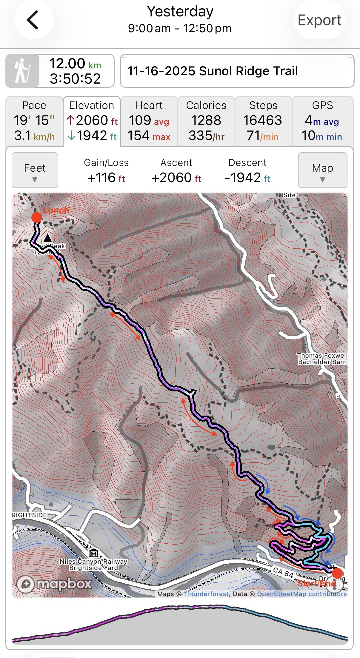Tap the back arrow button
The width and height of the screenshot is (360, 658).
[33, 20]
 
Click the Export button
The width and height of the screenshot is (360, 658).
[319, 20]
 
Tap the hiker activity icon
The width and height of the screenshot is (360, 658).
[22, 71]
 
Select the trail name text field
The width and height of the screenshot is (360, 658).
[237, 71]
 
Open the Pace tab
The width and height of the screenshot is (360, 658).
[34, 121]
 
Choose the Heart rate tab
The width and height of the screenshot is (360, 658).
[149, 121]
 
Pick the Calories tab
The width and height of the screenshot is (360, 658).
[206, 121]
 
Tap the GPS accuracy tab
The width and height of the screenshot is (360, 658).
[322, 121]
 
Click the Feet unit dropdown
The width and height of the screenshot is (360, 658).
[35, 170]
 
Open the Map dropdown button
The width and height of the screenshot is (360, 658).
[322, 170]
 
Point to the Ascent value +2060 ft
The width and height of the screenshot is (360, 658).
[176, 178]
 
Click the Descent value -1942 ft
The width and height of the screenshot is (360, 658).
[247, 178]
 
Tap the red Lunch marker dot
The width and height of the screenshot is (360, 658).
[37, 217]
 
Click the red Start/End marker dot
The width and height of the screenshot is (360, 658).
[337, 573]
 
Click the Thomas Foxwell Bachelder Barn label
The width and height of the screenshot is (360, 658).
[322, 359]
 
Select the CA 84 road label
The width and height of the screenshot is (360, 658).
[283, 572]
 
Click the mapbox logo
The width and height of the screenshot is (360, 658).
[54, 583]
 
